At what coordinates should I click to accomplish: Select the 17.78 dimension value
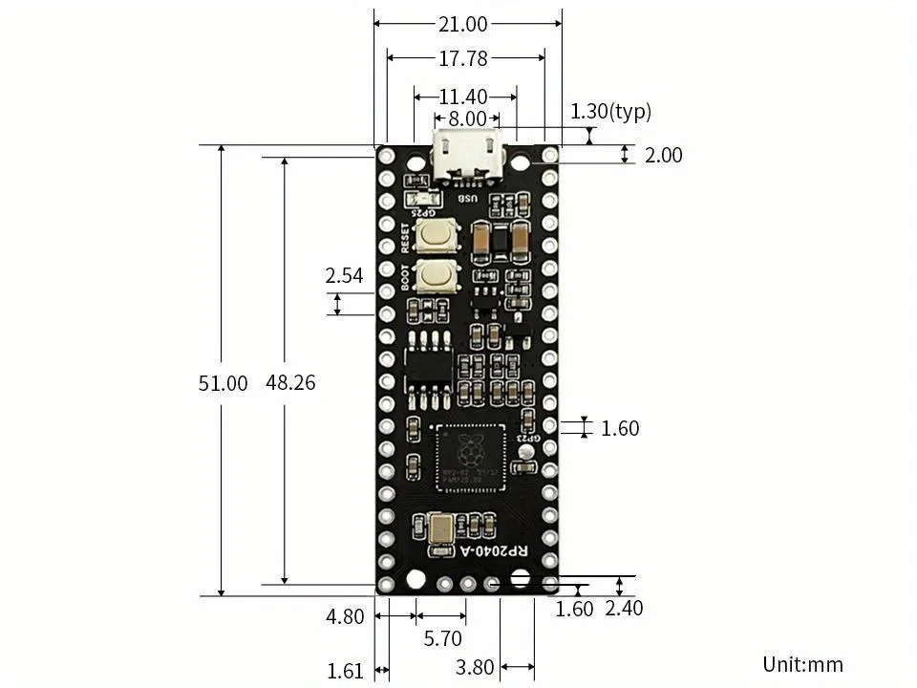tap(463, 59)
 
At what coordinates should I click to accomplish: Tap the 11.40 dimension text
tap(463, 97)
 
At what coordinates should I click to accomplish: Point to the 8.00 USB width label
tap(467, 118)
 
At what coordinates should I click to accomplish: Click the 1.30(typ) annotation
tap(610, 112)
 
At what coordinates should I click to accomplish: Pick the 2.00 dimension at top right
tap(664, 155)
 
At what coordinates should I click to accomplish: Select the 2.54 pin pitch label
tap(344, 276)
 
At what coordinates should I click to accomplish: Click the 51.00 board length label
tap(223, 383)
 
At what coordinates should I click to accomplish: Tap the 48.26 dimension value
tap(290, 382)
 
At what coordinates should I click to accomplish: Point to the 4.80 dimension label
tap(345, 616)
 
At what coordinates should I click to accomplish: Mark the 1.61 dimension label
tap(345, 671)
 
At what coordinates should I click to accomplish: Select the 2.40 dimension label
tap(624, 609)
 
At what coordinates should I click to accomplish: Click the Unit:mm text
tap(802, 664)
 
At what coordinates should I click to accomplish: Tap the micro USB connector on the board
tap(468, 156)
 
